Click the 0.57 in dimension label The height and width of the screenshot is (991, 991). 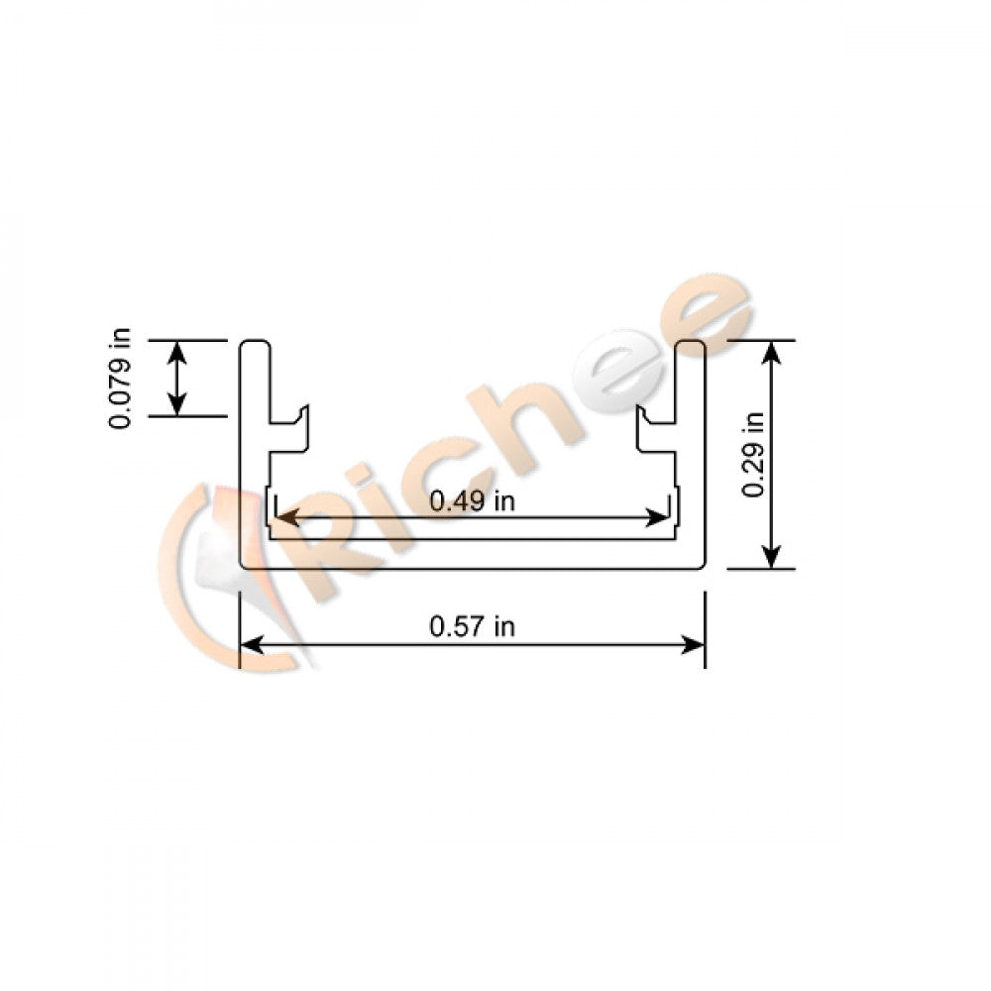(472, 626)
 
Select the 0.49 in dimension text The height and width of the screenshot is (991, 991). (472, 501)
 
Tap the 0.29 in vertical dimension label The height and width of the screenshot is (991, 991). (755, 454)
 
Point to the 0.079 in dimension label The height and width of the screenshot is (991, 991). (121, 379)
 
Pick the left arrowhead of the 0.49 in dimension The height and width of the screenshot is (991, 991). (281, 517)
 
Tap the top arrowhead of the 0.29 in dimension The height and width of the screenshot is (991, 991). (774, 349)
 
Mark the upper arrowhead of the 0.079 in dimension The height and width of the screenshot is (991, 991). (176, 348)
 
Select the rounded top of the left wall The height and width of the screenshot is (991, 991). (256, 345)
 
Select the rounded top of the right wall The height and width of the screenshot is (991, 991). (690, 345)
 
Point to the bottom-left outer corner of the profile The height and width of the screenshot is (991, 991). (244, 566)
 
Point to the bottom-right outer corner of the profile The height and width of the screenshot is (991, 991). (702, 566)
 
